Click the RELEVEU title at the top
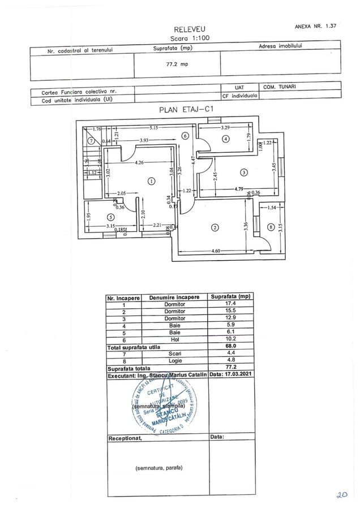point(190,29)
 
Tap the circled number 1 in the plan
point(151,182)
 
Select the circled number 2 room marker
point(215,228)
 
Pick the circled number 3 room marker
point(243,172)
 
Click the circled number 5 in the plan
point(110,217)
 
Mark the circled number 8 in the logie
point(271,227)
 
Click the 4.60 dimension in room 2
point(216,251)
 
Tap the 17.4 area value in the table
point(230,304)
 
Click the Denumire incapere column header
point(174,297)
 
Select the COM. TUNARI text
point(280,87)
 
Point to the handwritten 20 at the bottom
point(341,494)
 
